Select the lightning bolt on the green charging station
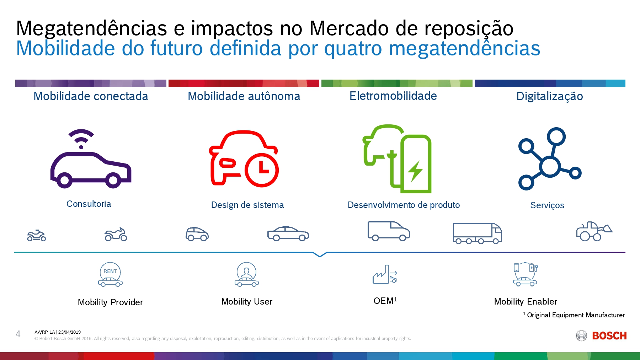pos(415,171)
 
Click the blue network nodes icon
pos(549,158)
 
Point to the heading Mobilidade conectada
pos(91,96)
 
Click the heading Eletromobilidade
pos(393,96)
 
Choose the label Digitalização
pos(549,96)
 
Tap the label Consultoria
pos(89,204)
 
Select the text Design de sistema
pos(247,205)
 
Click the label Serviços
pos(547,205)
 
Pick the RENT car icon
pos(110,274)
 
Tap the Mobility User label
pos(247,302)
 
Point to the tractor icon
pos(593,231)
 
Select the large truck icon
pos(477,233)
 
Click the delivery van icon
pos(388,231)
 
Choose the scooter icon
pos(37,235)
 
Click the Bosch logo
pos(601,336)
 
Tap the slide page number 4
pos(18,334)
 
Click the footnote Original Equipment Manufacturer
pos(575,315)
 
